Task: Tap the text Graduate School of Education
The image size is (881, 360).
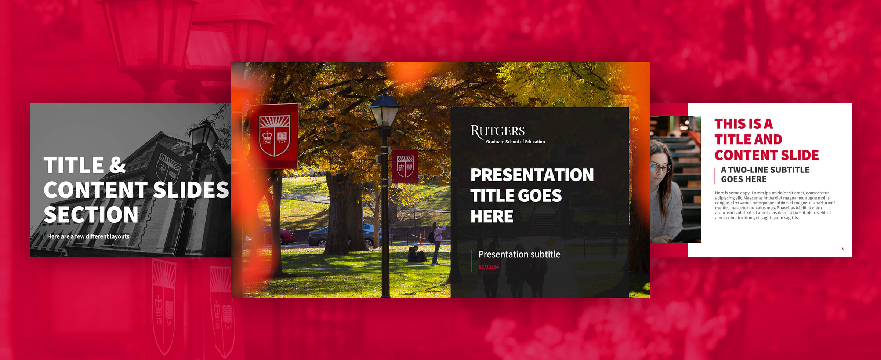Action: [515, 142]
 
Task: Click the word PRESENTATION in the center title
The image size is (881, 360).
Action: [532, 175]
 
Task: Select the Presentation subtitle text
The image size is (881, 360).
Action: [519, 254]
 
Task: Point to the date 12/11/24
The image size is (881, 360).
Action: [489, 267]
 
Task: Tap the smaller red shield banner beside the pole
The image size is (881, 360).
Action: [405, 166]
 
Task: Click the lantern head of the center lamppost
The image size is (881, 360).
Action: [384, 110]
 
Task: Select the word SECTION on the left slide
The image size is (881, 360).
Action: [91, 215]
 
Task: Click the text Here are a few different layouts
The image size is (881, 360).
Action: [88, 236]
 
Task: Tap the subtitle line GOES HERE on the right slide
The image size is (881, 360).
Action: [744, 179]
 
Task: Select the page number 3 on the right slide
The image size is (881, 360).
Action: [842, 249]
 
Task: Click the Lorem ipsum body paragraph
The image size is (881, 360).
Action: [775, 205]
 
